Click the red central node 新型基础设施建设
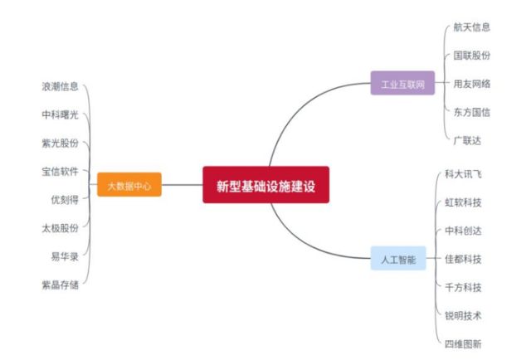click(265, 184)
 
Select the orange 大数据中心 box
click(129, 185)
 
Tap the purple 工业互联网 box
click(402, 84)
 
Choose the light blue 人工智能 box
click(398, 259)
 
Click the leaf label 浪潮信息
click(60, 85)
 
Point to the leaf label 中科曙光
click(60, 114)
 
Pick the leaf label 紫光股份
click(60, 143)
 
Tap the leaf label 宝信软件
click(60, 172)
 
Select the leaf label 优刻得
click(65, 200)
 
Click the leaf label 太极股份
click(60, 228)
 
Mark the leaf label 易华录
click(65, 256)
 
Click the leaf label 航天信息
click(471, 27)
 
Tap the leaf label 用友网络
click(471, 84)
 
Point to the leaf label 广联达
click(466, 140)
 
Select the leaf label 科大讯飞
click(463, 174)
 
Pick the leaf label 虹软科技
click(463, 202)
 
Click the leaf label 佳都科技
click(463, 259)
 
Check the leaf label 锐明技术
click(463, 315)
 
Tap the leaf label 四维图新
click(463, 343)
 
